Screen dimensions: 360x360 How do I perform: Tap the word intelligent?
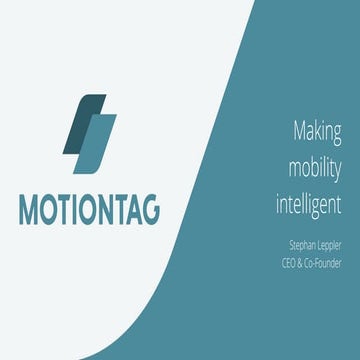(309, 205)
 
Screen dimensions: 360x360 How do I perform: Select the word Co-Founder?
(325, 262)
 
